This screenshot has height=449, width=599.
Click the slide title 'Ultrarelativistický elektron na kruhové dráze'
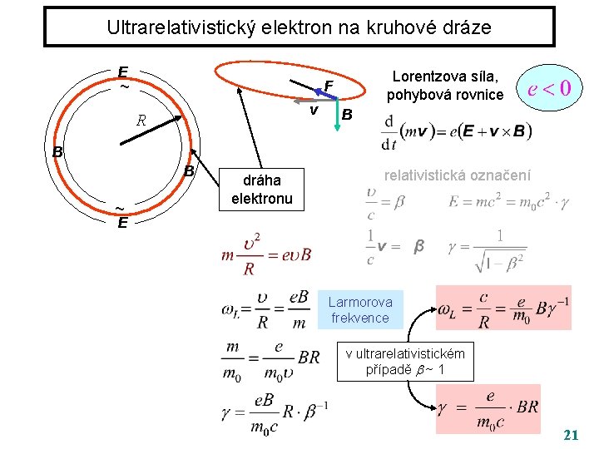pyautogui.click(x=299, y=27)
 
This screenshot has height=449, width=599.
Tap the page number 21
pyautogui.click(x=572, y=435)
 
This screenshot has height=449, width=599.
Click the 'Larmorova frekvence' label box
pyautogui.click(x=359, y=309)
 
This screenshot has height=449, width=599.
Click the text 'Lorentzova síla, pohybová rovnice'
pyautogui.click(x=445, y=86)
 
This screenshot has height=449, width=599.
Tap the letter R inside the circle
pyautogui.click(x=141, y=121)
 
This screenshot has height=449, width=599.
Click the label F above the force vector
pyautogui.click(x=329, y=86)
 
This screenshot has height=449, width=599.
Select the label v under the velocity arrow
pyautogui.click(x=314, y=111)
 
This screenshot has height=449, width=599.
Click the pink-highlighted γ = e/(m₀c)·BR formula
pyautogui.click(x=488, y=408)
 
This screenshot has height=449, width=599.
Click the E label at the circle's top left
pyautogui.click(x=123, y=72)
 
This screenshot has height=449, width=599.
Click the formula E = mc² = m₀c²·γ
pyautogui.click(x=507, y=202)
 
